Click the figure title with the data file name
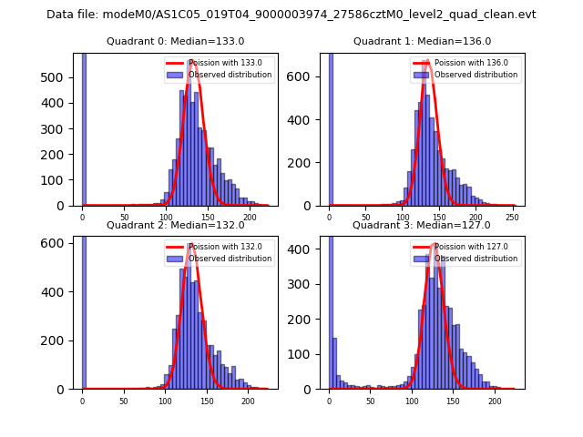pyautogui.click(x=291, y=15)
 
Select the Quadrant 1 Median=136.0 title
pyautogui.click(x=422, y=41)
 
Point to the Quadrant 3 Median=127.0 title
pyautogui.click(x=422, y=225)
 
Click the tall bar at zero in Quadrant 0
pyautogui.click(x=84, y=127)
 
